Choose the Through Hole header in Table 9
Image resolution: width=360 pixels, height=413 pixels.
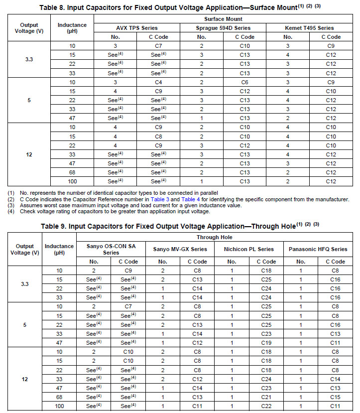point(214,238)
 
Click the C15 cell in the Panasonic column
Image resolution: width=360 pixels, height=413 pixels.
point(335,397)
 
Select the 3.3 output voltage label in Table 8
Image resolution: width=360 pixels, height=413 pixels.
point(29,60)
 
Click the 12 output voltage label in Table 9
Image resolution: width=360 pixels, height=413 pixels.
point(25,379)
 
